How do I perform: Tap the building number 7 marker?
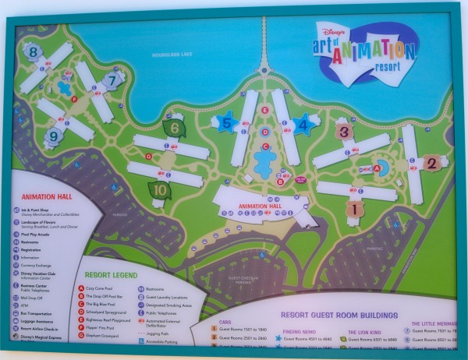tap(113, 79)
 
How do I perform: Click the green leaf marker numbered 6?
tap(175, 129)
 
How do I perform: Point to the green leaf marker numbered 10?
tap(160, 189)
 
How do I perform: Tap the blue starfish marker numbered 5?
tap(227, 122)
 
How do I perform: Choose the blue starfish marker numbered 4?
tap(303, 123)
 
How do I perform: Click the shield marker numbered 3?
tap(344, 132)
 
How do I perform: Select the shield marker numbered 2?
tap(431, 163)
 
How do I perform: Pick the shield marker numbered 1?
tap(355, 208)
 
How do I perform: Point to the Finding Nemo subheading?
tap(294, 330)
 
